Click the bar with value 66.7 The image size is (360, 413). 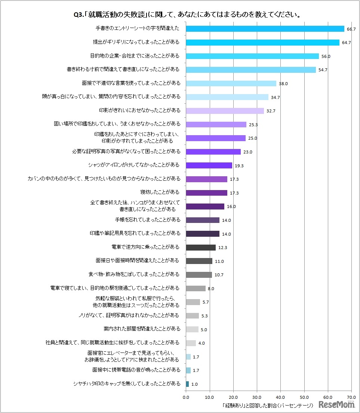click(265, 29)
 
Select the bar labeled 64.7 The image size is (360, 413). click(262, 43)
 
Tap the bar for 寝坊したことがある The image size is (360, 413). click(206, 193)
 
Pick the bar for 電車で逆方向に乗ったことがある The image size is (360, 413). click(200, 247)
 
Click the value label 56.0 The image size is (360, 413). click(326, 56)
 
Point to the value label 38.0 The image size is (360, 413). click(283, 84)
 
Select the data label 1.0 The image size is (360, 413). click(194, 384)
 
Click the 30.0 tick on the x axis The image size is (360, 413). click(257, 398)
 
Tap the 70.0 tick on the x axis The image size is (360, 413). click(351, 398)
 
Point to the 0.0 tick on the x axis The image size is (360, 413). click(186, 398)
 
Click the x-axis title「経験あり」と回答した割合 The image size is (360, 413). click(267, 405)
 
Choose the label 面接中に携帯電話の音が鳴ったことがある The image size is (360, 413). click(136, 370)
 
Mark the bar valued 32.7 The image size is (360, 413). click(225, 111)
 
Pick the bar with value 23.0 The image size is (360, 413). click(213, 152)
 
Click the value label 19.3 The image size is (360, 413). click(239, 166)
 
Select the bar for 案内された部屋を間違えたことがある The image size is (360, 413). click(192, 329)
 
